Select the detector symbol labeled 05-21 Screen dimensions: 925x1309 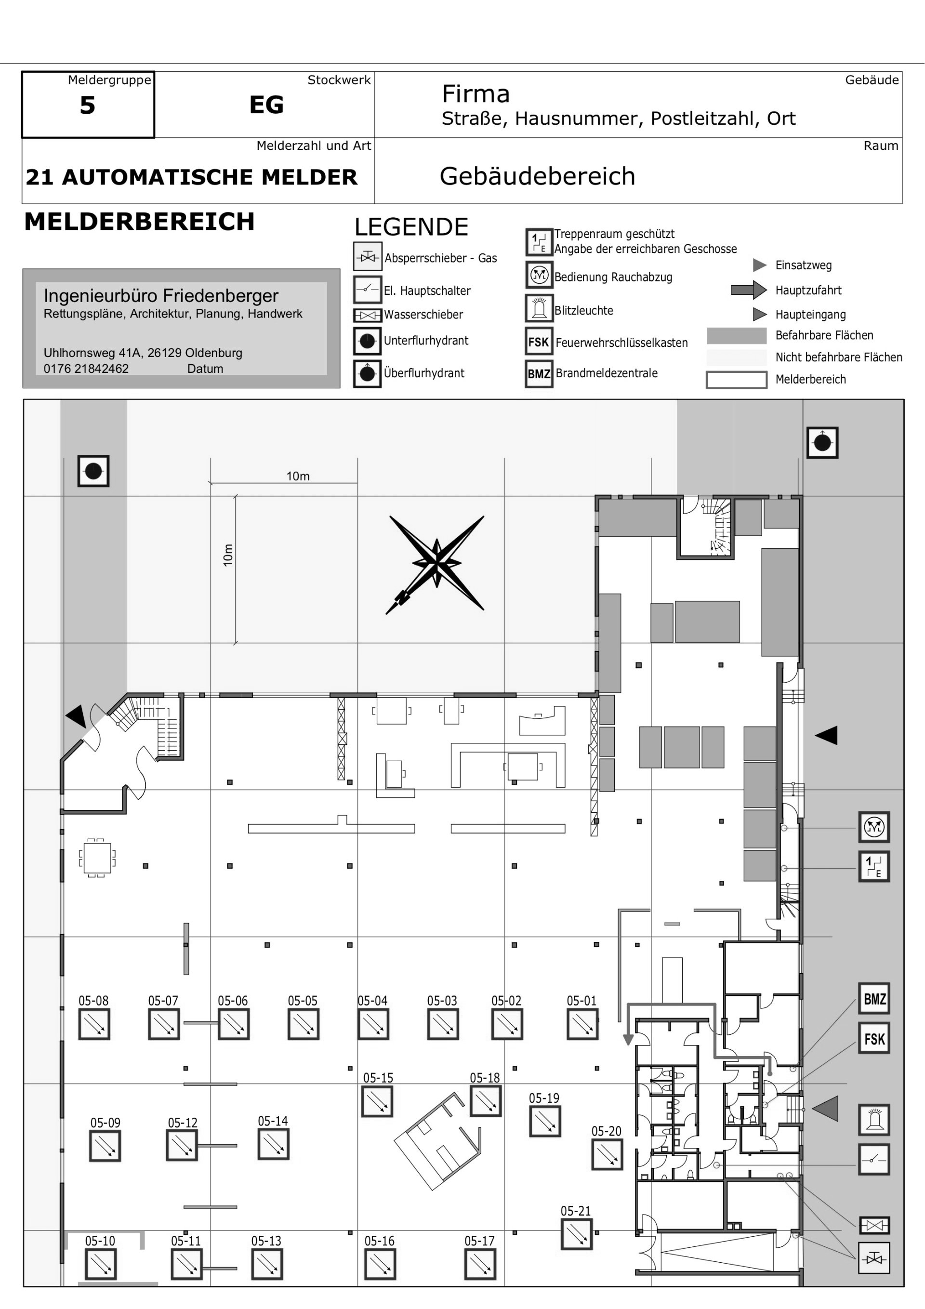click(x=577, y=1234)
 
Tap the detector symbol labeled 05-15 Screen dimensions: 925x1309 click(x=377, y=1101)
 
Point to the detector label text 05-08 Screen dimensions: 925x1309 click(x=93, y=1001)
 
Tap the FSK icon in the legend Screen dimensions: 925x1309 click(x=538, y=342)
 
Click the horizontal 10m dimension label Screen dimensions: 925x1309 click(x=298, y=476)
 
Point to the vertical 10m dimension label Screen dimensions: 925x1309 click(x=228, y=555)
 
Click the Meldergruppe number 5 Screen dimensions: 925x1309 click(x=87, y=106)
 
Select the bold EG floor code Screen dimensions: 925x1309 click(x=266, y=105)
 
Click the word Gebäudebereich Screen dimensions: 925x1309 click(x=537, y=176)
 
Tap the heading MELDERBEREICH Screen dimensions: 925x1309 click(x=139, y=221)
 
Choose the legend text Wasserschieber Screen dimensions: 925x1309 click(x=423, y=314)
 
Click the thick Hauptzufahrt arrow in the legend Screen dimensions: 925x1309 click(x=749, y=290)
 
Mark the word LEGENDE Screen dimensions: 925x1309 click(x=411, y=227)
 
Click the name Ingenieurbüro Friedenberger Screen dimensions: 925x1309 click(x=161, y=296)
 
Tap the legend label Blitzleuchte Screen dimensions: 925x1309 click(x=583, y=310)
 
